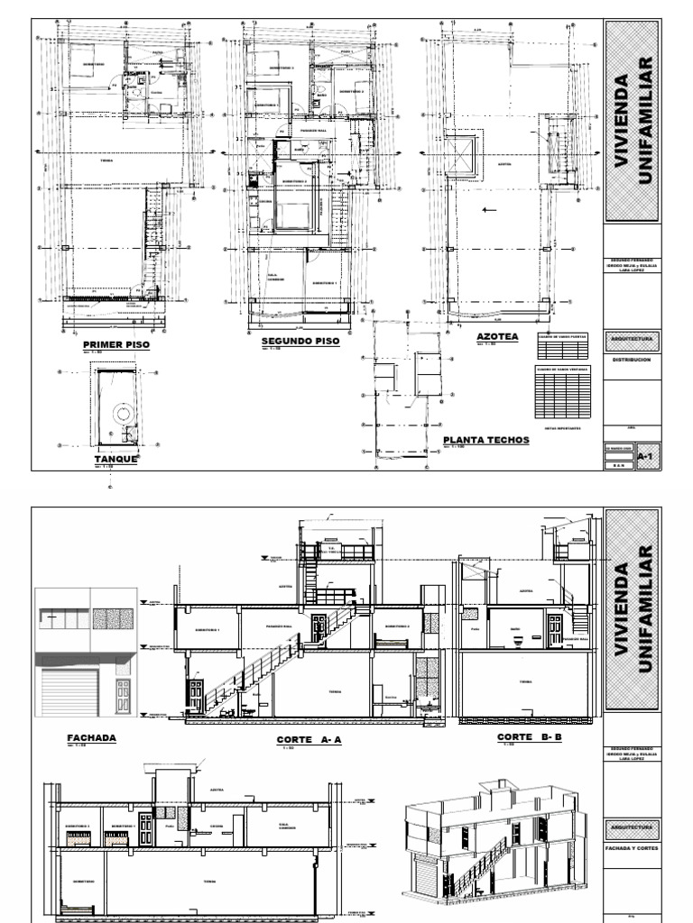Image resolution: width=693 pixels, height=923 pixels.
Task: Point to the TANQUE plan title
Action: point(115,459)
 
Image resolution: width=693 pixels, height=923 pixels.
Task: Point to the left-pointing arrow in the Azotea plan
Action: point(490,211)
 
